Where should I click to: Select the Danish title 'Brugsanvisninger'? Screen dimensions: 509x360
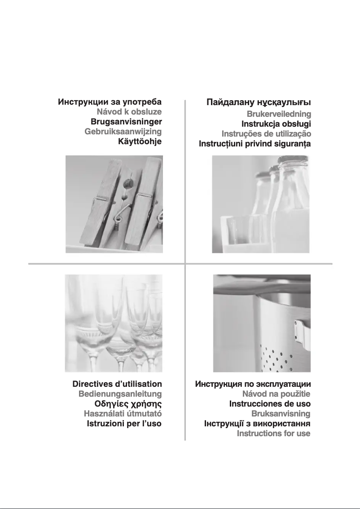point(126,122)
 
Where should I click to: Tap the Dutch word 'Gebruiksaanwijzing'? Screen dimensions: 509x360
point(123,132)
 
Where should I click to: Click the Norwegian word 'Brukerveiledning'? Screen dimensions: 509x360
point(279,114)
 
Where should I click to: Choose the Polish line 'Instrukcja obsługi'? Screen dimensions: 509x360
point(276,124)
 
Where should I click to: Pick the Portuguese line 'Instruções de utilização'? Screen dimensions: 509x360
point(266,134)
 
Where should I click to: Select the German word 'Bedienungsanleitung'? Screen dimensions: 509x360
point(120,394)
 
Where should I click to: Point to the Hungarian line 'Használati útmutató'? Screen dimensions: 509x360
point(123,414)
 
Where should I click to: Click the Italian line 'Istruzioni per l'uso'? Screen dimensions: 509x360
point(124,424)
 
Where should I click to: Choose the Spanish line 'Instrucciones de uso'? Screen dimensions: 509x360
point(270,404)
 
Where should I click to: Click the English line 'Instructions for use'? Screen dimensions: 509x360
point(273,434)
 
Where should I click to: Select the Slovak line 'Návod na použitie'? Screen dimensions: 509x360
point(276,394)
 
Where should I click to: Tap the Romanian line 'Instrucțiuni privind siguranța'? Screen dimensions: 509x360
point(255,144)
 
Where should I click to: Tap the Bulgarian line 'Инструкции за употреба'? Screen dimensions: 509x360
point(110,102)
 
